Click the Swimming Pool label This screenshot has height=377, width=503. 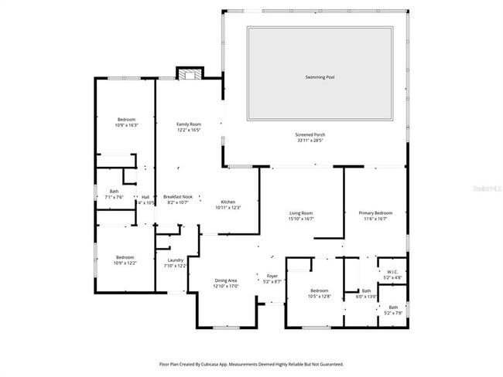coord(320,77)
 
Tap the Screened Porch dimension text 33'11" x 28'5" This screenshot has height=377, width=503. coord(309,141)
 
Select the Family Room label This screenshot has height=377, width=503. coord(188,124)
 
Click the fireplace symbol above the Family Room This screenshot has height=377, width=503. coord(189,74)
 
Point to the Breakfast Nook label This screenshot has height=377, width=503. coord(177,197)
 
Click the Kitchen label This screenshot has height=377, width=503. coord(228,202)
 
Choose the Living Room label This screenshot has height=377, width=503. coord(301,213)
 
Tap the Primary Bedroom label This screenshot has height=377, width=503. coord(375,212)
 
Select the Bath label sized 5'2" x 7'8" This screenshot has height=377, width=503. coord(392,307)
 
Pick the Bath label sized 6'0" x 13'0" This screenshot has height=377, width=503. coord(366,290)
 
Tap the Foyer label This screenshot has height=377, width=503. coord(272,276)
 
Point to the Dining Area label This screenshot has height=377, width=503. coord(225,280)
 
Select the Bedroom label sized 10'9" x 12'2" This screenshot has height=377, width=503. coord(125,257)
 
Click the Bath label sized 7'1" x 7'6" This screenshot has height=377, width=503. coord(114,192)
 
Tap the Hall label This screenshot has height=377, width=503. coord(145,197)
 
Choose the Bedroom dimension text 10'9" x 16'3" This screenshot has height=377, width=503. coord(126,124)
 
